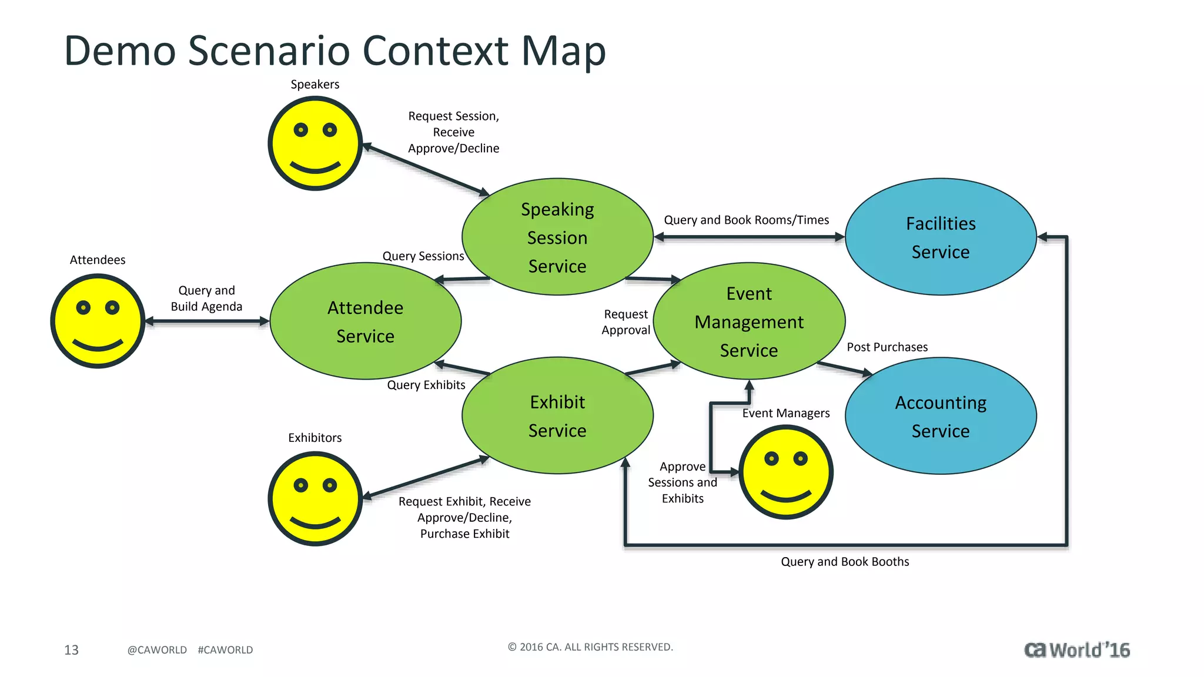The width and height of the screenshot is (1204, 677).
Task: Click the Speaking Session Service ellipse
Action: point(557,237)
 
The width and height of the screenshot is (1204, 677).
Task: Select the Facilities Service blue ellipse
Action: point(941,237)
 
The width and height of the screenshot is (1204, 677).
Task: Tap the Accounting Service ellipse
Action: point(941,416)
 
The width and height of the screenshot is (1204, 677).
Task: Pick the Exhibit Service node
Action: point(557,416)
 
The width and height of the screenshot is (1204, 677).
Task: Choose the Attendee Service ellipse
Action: point(365,321)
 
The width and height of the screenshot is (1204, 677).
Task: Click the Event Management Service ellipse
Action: point(749,321)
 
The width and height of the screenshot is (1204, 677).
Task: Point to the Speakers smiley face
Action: point(315,143)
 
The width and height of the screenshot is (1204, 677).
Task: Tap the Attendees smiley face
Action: point(98,321)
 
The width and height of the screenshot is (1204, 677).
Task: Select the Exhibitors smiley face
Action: point(315,498)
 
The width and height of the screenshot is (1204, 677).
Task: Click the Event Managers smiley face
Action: point(786,472)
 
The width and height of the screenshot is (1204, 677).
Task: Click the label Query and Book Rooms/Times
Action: point(746,220)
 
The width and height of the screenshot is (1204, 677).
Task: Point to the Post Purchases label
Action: point(887,347)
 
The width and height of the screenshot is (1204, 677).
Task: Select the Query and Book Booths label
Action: point(845,562)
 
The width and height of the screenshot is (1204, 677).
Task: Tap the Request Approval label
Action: point(626,322)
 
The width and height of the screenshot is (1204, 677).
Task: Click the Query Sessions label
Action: point(423,256)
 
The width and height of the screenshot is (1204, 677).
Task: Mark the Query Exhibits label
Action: point(426,385)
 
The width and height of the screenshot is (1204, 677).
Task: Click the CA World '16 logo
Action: point(1077,649)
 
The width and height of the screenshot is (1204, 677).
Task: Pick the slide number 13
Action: point(71,650)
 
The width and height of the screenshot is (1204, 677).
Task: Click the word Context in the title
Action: point(435,51)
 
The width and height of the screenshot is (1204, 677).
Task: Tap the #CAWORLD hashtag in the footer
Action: point(225,650)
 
